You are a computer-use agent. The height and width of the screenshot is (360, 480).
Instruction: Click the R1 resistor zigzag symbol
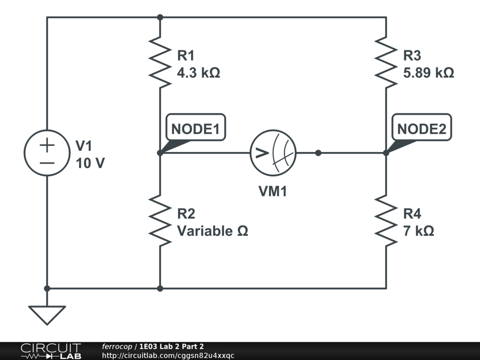(x=160, y=62)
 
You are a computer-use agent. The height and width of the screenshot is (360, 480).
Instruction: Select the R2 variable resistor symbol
(x=160, y=221)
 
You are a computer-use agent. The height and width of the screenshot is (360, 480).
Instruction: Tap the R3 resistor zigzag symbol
(x=386, y=62)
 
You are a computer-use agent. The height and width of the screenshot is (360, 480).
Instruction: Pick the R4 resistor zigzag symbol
(x=386, y=221)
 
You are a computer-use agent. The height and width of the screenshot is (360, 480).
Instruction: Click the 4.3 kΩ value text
(x=198, y=73)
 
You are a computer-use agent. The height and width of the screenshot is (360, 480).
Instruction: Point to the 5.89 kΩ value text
(x=428, y=73)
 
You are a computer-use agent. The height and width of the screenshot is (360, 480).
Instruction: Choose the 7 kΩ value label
(x=419, y=231)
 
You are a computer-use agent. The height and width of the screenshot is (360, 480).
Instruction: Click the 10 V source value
(x=90, y=163)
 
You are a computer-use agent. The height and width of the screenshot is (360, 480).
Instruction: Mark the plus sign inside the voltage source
(x=47, y=145)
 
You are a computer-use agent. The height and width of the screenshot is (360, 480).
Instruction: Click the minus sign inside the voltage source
(x=47, y=163)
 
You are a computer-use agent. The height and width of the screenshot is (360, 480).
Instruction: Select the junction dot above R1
(x=160, y=17)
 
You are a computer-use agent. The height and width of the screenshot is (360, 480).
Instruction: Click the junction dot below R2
(x=160, y=288)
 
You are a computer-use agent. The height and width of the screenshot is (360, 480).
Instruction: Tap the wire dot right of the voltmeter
(x=318, y=153)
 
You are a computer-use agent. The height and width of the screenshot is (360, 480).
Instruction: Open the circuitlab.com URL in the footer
(x=168, y=356)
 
